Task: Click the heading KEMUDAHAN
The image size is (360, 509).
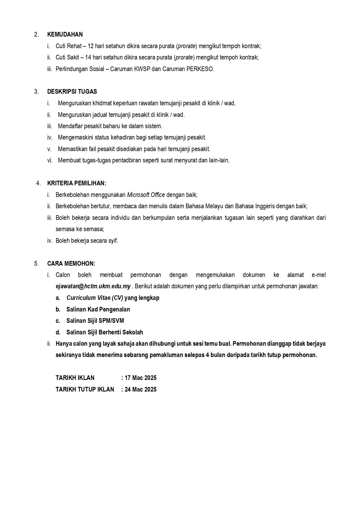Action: (65, 35)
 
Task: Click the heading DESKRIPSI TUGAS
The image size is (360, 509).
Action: (72, 92)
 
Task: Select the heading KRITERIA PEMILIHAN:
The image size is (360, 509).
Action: (77, 183)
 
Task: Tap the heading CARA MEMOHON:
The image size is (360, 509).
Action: (71, 264)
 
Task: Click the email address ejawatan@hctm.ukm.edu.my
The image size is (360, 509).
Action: (93, 286)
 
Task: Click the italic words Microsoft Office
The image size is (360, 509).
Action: (146, 195)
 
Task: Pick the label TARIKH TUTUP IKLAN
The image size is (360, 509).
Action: (85, 390)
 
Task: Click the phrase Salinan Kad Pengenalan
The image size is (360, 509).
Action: (98, 309)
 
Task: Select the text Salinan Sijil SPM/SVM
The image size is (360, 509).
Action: (95, 321)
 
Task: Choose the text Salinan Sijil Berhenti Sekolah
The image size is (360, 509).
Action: (105, 332)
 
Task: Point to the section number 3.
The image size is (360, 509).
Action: (36, 92)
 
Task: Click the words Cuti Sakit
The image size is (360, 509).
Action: (67, 57)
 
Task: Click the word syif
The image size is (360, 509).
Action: (113, 241)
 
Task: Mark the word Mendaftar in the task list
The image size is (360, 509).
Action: (70, 126)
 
